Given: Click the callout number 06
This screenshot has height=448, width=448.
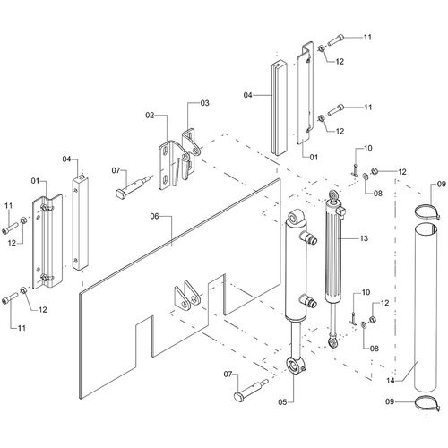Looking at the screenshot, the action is [154, 216].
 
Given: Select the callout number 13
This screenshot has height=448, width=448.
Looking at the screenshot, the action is [364, 238].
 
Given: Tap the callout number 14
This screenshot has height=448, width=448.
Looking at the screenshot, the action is [391, 381].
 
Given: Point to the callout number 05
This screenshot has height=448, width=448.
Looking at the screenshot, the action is [282, 402].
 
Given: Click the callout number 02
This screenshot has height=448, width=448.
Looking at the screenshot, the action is [150, 116].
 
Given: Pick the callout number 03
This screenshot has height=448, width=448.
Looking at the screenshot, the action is [204, 103].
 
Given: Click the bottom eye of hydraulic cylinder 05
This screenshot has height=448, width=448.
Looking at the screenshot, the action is [295, 366].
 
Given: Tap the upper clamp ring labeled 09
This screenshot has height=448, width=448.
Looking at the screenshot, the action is [427, 211].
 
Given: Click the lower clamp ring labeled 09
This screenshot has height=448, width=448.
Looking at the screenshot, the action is [427, 403].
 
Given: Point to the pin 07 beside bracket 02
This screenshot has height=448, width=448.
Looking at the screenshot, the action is [133, 186].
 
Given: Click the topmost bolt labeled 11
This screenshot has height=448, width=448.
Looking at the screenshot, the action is [336, 39].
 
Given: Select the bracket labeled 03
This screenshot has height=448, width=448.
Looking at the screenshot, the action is [191, 152].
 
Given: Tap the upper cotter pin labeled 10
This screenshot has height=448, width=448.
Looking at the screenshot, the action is [355, 170].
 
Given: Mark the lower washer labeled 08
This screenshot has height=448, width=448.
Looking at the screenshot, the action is [364, 325].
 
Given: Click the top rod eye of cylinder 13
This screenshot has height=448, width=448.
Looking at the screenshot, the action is [333, 195].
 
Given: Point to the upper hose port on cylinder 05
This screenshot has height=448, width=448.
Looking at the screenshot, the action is [308, 237].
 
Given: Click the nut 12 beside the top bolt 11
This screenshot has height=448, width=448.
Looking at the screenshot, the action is [321, 48].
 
